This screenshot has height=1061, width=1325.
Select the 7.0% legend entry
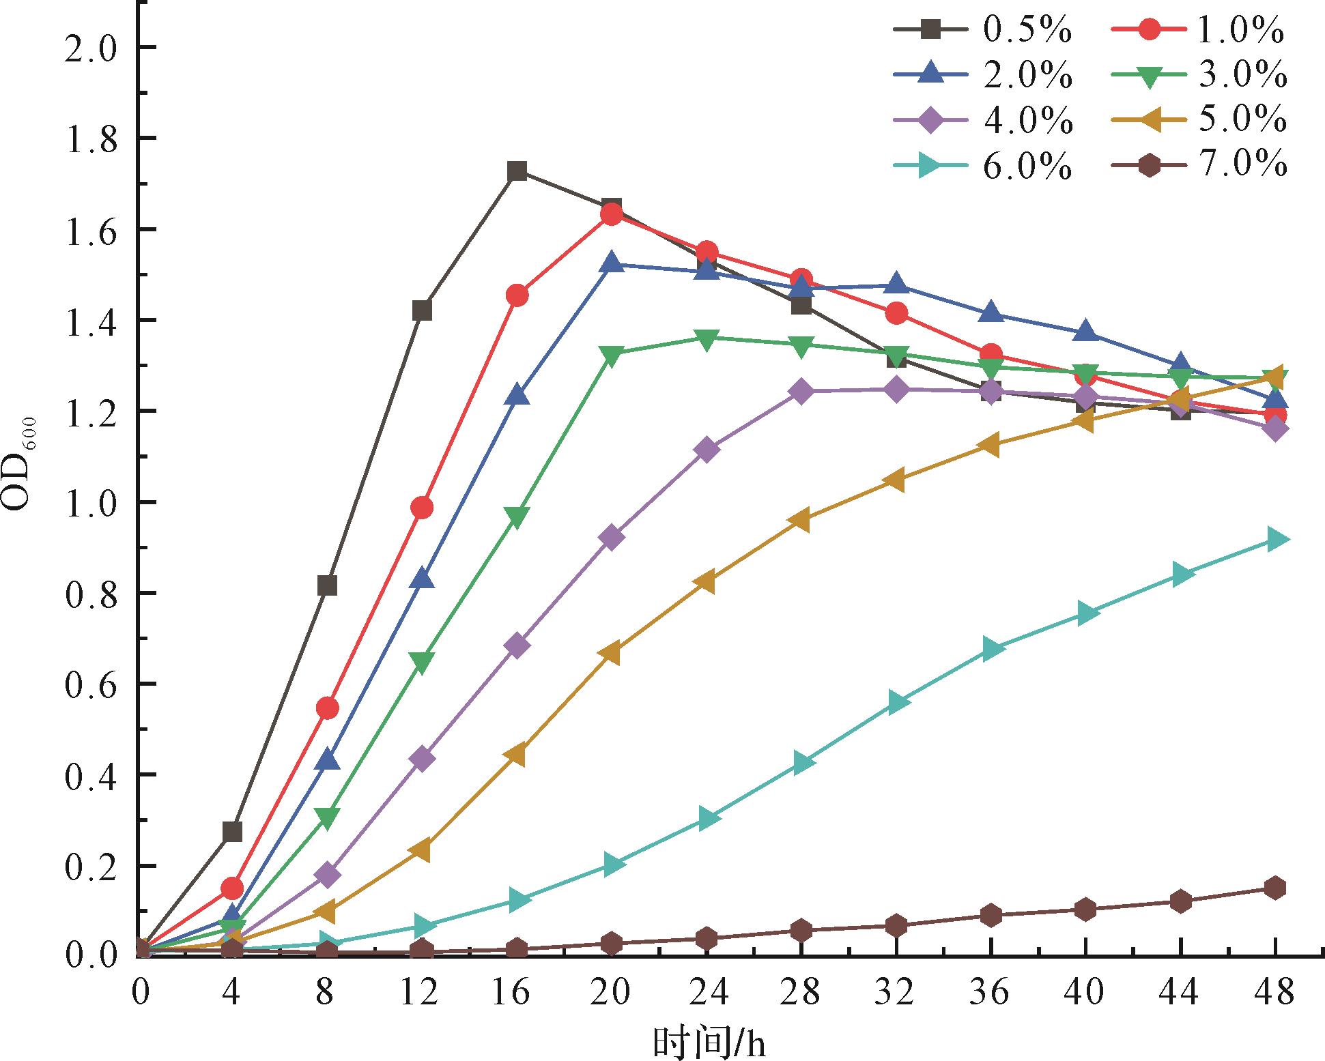[1201, 166]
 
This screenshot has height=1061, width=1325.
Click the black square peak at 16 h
[517, 171]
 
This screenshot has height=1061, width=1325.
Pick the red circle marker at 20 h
[612, 214]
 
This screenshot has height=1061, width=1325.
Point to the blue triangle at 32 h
[896, 285]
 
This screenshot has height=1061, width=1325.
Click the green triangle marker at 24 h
[707, 339]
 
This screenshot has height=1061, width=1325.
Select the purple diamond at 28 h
[801, 392]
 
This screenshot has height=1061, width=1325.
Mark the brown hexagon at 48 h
[1275, 888]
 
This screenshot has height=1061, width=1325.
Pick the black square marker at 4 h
[232, 832]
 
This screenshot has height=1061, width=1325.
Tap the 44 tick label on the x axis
[1180, 992]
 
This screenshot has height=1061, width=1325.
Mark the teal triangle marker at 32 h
[898, 703]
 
